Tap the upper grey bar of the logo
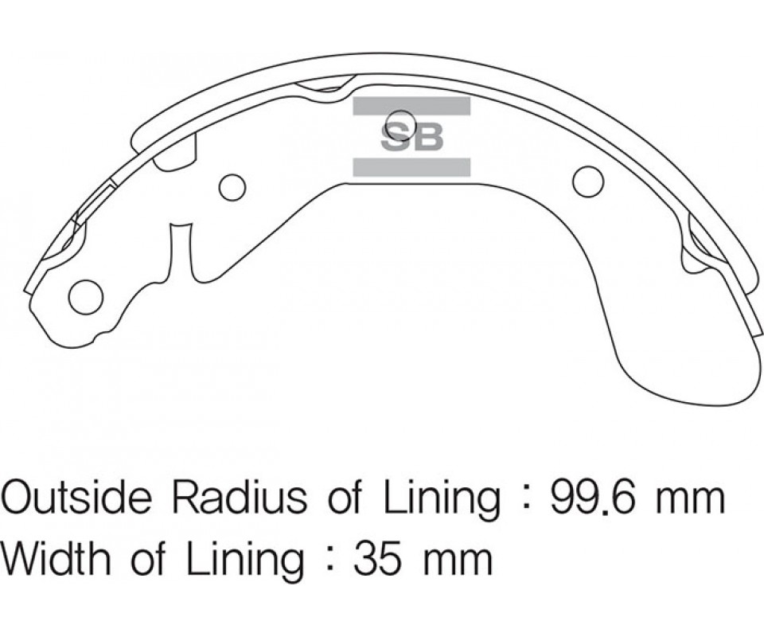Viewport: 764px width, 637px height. point(411,106)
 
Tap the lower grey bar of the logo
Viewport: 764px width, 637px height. point(411,167)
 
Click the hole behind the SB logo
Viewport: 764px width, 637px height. point(400,123)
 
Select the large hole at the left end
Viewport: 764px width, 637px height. point(86,297)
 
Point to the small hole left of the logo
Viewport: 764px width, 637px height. point(232,187)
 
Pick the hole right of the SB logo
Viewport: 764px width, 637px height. point(588,182)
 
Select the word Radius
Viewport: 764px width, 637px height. point(240,497)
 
